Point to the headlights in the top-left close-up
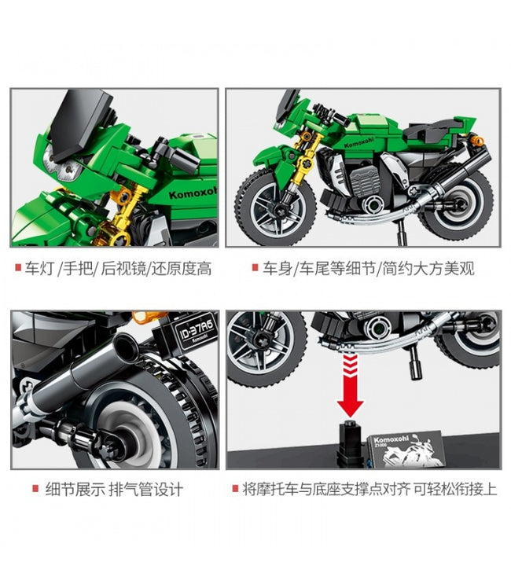(64, 167)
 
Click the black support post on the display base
(350, 443)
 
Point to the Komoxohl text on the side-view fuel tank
(359, 142)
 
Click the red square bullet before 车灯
(18, 267)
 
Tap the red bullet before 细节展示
(35, 488)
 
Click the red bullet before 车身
(256, 267)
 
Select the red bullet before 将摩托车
(235, 488)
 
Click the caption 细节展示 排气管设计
(114, 489)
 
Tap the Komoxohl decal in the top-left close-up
(193, 193)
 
